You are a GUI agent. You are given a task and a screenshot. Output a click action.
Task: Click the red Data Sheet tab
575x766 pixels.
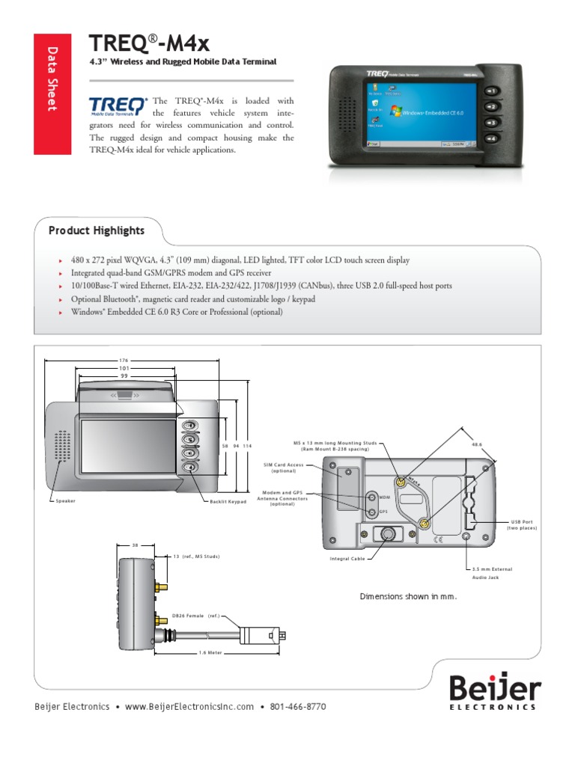pos(52,94)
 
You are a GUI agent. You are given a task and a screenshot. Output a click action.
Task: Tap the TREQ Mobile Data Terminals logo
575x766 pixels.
pos(118,107)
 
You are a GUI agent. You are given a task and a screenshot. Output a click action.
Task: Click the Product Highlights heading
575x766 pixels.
pos(97,230)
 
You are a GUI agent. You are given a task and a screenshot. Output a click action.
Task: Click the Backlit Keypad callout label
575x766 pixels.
pos(228,500)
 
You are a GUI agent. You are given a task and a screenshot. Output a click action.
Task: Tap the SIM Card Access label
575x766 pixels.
pos(283,468)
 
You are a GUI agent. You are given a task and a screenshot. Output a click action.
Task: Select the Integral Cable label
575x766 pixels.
pos(347,559)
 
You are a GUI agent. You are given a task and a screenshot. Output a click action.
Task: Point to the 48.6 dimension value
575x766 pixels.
pos(476,444)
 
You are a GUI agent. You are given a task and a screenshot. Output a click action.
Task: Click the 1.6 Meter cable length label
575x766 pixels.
pos(212,652)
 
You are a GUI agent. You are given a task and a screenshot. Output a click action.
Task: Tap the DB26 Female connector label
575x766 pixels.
pos(195,615)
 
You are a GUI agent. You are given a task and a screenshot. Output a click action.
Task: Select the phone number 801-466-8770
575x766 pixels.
pos(298,707)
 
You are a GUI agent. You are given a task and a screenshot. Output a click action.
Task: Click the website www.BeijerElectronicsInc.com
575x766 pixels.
pos(190,707)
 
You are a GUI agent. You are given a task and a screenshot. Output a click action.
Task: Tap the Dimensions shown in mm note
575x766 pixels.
pos(408,596)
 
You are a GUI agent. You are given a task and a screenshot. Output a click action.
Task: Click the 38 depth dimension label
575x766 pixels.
pos(136,545)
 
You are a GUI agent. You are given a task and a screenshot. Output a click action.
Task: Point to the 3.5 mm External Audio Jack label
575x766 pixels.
pos(492,573)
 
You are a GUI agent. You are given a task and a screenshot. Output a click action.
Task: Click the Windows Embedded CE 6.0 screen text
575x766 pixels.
pos(433,113)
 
